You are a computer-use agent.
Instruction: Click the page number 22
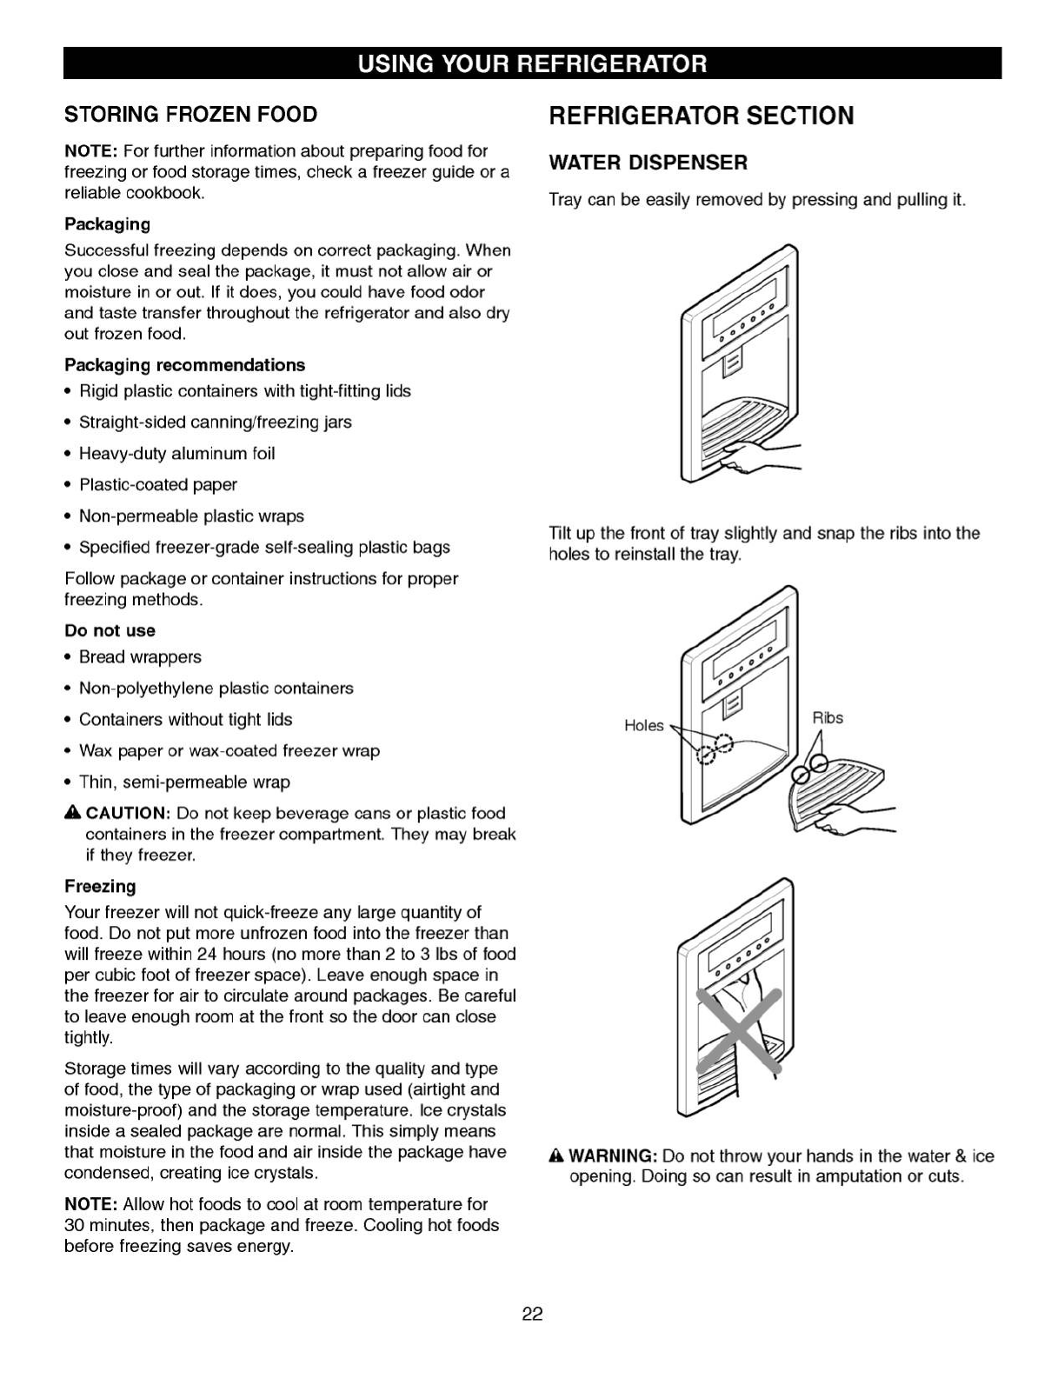click(x=532, y=1313)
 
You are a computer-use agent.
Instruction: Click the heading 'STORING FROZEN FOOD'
click(x=191, y=115)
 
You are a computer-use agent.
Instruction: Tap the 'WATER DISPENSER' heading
click(x=648, y=163)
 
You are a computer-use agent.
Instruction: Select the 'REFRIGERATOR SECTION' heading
click(x=701, y=116)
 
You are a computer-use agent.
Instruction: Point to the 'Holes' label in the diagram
click(x=643, y=726)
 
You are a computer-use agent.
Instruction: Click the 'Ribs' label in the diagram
click(x=828, y=718)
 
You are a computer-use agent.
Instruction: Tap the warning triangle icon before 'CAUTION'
click(x=72, y=813)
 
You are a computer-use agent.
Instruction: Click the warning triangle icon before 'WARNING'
click(x=557, y=1156)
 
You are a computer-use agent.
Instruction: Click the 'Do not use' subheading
click(x=110, y=630)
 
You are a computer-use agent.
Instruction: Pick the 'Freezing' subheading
click(x=101, y=886)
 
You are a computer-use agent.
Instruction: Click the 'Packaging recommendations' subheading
click(x=185, y=365)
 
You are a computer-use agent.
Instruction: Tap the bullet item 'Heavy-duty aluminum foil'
click(x=176, y=453)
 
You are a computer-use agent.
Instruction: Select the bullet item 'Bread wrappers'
click(x=140, y=656)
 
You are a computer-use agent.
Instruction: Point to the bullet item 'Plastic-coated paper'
click(x=157, y=484)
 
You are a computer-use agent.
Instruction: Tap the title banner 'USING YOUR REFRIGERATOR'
click(x=532, y=63)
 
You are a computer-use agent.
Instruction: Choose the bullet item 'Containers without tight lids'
click(x=185, y=719)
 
